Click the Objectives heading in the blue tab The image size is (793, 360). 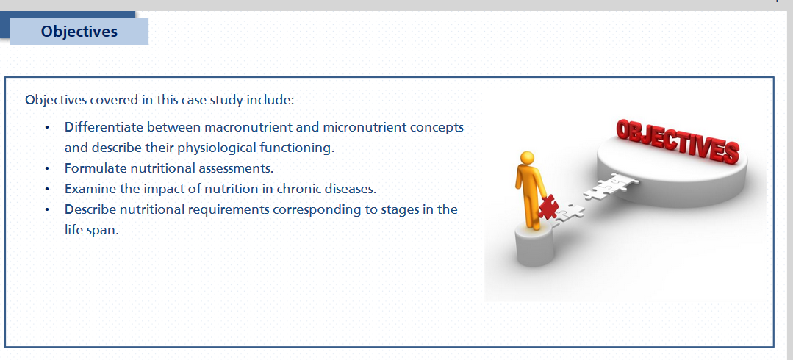coord(79,32)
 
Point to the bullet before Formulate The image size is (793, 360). coord(47,168)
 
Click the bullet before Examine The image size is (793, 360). coord(47,190)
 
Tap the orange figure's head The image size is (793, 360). coord(527,158)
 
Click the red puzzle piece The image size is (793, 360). coord(548,206)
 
